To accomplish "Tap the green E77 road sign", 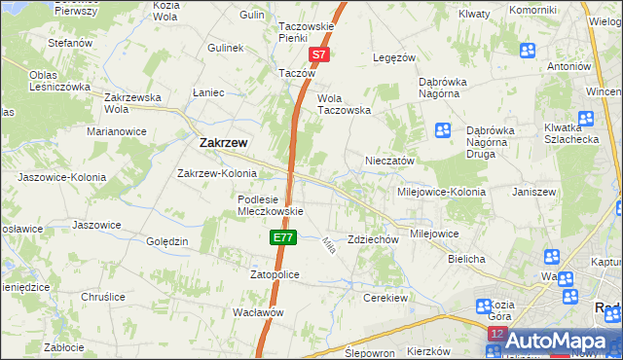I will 281,237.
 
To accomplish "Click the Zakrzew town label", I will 222,142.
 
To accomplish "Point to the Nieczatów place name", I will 390,161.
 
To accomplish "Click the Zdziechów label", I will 374,239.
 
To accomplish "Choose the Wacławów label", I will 258,312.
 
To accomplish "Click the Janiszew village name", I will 533,192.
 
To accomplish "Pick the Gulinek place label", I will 224,47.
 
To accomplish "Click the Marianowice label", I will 116,130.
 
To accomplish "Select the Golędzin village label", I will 166,241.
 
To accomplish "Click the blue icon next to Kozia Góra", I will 483,306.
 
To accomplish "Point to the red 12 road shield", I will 496,334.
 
